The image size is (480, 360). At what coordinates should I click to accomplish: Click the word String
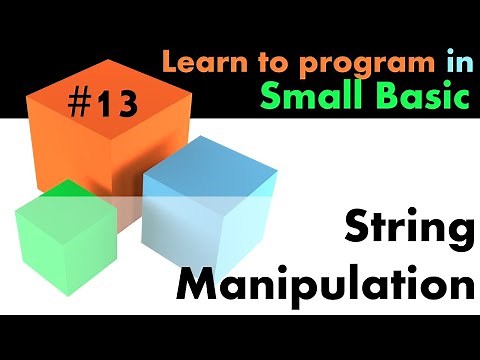coord(408,231)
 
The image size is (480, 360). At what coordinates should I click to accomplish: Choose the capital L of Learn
coord(170,64)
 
